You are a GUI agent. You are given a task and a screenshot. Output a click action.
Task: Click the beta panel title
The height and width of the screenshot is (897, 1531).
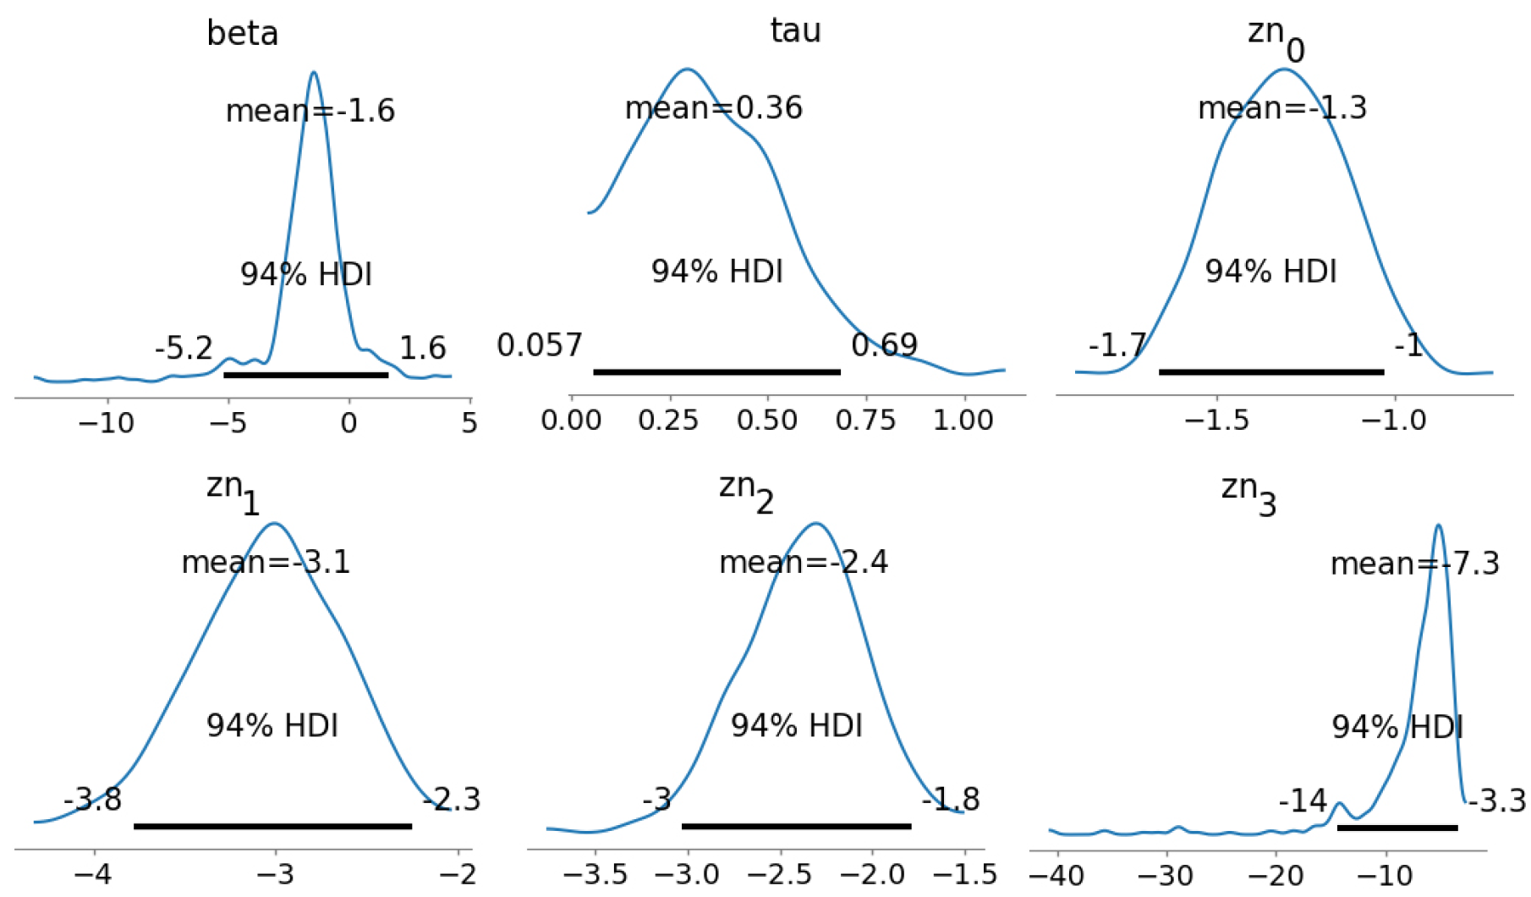tap(242, 34)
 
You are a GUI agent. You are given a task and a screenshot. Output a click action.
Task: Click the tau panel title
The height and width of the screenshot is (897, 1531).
tap(795, 30)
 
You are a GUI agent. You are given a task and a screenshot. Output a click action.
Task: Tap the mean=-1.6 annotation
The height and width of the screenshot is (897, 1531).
tap(310, 111)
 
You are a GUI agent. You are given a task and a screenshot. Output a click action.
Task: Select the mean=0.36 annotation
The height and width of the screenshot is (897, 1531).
tap(713, 108)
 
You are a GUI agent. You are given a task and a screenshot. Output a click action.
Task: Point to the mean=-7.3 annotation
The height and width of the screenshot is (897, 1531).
tap(1414, 564)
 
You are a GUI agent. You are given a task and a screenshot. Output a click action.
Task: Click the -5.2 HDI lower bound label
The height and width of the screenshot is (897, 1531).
tap(184, 348)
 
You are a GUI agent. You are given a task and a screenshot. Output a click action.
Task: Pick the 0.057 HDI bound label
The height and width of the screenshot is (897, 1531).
tap(540, 345)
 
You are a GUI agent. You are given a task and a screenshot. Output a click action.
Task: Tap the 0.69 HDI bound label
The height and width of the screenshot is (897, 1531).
tap(884, 345)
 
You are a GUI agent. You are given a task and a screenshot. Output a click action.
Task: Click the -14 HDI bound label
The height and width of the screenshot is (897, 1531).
tap(1303, 801)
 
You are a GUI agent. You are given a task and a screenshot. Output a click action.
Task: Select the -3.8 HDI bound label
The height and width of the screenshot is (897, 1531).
tap(93, 799)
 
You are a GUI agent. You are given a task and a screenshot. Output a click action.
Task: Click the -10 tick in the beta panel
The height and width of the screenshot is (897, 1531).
tap(106, 422)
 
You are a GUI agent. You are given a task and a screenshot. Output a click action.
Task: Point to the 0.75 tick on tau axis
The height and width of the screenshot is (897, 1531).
tap(865, 421)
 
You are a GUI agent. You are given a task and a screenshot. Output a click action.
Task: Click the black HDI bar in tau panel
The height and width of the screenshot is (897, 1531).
tap(716, 371)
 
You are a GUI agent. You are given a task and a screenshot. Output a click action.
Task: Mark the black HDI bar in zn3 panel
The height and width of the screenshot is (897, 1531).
tap(1397, 827)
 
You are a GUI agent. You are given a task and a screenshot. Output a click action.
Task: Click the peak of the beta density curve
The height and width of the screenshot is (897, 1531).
tap(315, 72)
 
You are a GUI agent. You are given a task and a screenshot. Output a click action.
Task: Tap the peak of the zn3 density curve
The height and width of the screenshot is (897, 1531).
tap(1438, 526)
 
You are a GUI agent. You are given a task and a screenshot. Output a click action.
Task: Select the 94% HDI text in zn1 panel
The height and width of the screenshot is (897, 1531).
tap(272, 726)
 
